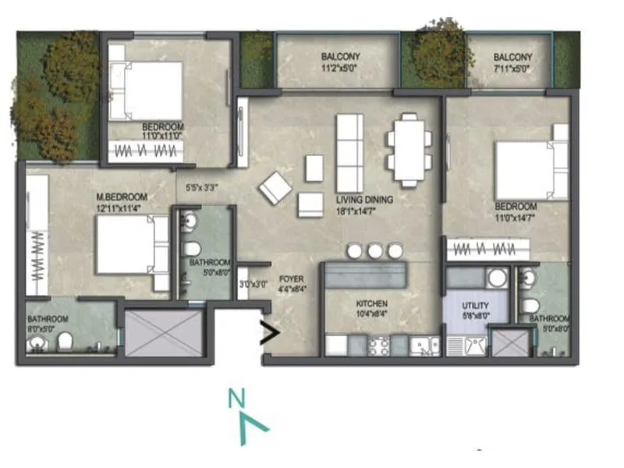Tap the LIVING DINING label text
(x=364, y=200)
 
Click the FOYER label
(x=292, y=278)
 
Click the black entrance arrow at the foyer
(x=269, y=334)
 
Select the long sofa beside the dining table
(x=349, y=149)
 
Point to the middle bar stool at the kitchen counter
(x=375, y=250)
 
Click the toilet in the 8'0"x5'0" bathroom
(x=66, y=340)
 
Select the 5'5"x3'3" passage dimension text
(x=202, y=187)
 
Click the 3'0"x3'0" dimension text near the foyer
(x=252, y=285)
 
